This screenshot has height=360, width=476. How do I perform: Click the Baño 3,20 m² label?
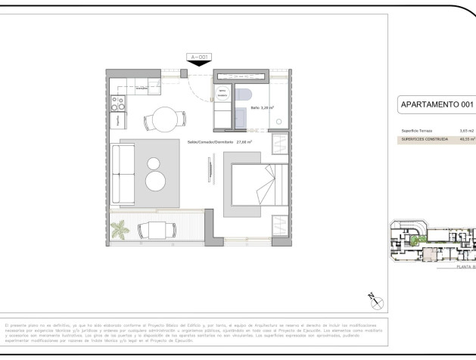262,108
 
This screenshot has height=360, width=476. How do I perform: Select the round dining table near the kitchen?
163,119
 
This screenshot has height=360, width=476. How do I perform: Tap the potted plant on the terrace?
119,229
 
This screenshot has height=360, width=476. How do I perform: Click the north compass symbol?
375,301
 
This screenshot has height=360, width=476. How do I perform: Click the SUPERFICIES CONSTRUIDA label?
425,139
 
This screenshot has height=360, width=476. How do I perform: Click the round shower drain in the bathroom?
279,121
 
